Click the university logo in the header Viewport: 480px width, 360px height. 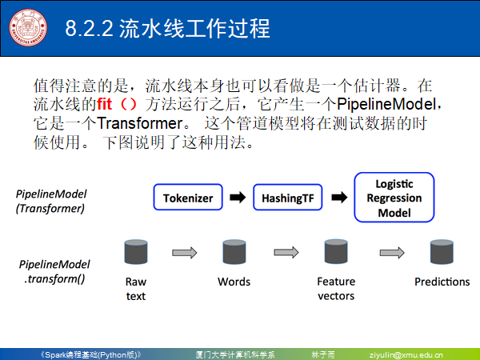point(28,29)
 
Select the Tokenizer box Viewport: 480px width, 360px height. point(187,198)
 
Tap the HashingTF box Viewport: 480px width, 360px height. point(286,198)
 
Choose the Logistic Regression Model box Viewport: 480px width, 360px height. point(394,198)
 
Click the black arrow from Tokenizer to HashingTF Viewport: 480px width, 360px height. point(237,198)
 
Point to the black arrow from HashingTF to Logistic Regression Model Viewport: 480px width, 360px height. point(338,198)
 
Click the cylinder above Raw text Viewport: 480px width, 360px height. point(135,253)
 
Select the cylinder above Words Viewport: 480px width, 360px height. point(234,253)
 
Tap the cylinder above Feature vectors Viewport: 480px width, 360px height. point(335,253)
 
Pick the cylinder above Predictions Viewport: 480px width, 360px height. point(442,253)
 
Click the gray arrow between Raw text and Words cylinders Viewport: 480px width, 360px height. point(185,253)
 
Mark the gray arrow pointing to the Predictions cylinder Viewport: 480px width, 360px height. point(391,253)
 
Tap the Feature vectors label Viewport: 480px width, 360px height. point(336,289)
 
